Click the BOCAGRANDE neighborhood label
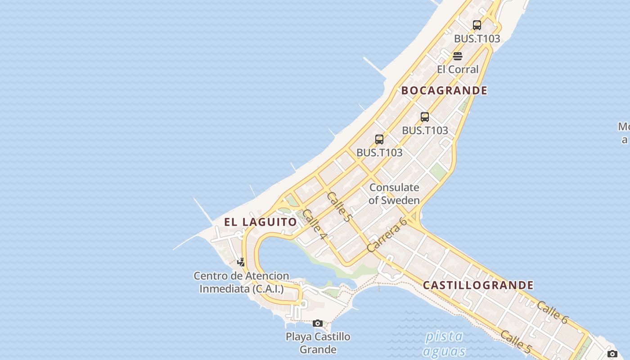pyautogui.click(x=444, y=90)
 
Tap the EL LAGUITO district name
pyautogui.click(x=261, y=222)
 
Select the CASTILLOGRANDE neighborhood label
pyautogui.click(x=478, y=285)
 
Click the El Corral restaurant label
pyautogui.click(x=458, y=69)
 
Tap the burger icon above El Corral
pyautogui.click(x=458, y=56)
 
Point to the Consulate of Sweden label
pyautogui.click(x=394, y=194)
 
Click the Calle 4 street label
pyautogui.click(x=314, y=224)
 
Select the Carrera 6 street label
pyautogui.click(x=387, y=234)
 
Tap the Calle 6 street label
pyautogui.click(x=553, y=312)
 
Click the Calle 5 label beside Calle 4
pyautogui.click(x=339, y=207)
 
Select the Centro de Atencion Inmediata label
pyautogui.click(x=241, y=282)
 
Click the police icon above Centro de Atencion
pyautogui.click(x=241, y=262)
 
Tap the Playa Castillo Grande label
pyautogui.click(x=318, y=343)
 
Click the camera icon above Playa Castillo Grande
pyautogui.click(x=318, y=323)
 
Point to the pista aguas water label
pyautogui.click(x=444, y=343)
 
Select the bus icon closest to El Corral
pyautogui.click(x=477, y=25)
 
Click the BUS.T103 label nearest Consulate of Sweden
pyautogui.click(x=379, y=153)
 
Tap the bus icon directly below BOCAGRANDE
pyautogui.click(x=425, y=117)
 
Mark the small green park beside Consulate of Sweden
pyautogui.click(x=437, y=171)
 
